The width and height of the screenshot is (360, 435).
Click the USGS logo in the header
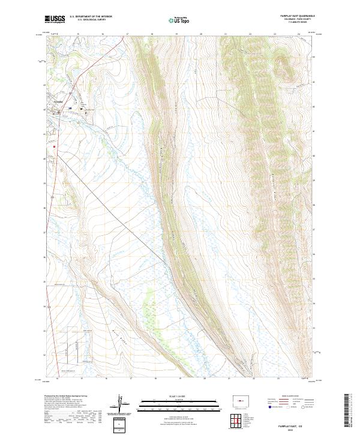point(55,19)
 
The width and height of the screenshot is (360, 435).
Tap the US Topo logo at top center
point(179,20)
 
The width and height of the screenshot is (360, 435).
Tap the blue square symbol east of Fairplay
point(70,109)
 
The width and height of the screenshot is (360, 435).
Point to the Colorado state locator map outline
point(242,402)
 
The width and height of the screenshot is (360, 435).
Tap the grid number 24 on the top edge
point(298,34)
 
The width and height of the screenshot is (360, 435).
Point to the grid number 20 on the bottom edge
point(204,379)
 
